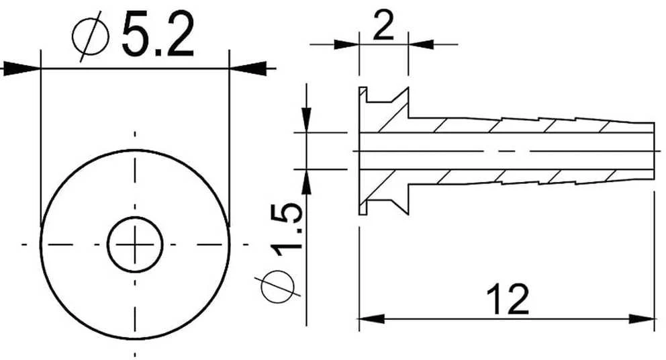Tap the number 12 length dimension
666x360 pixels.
pyautogui.click(x=508, y=300)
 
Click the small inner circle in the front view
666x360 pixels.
pyautogui.click(x=135, y=244)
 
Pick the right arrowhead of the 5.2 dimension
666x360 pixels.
pyautogui.click(x=248, y=68)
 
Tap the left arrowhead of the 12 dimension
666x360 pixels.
pyautogui.click(x=372, y=318)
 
